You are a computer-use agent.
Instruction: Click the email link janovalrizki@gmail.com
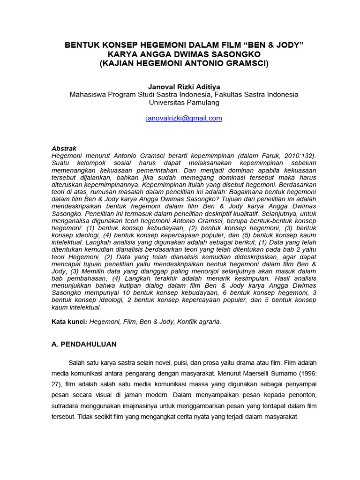click(184, 119)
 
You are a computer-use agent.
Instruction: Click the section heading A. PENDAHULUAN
click(84, 344)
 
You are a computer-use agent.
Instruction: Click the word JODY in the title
click(285, 45)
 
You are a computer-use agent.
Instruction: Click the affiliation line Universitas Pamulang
click(184, 102)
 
